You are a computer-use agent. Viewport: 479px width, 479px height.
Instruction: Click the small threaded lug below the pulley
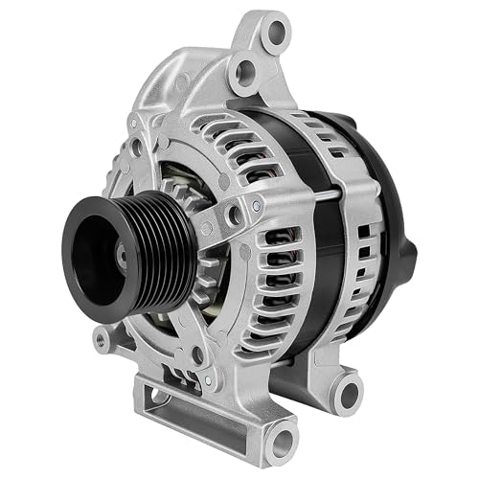coord(100,338)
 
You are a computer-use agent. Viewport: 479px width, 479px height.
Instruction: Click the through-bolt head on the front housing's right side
coord(258,202)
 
